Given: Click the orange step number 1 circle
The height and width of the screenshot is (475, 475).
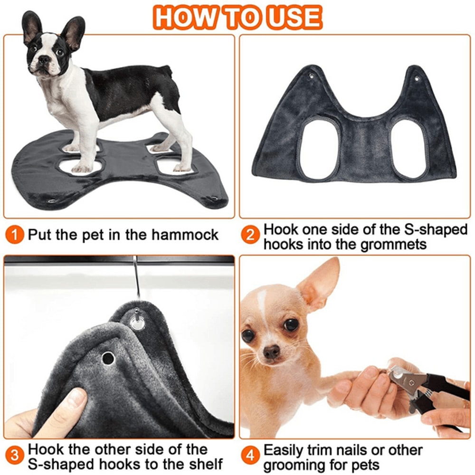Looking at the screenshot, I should [x=16, y=235].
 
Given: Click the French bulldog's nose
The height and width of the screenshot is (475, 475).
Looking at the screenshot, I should [x=44, y=60].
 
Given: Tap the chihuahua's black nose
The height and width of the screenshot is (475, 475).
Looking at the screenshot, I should [x=271, y=352].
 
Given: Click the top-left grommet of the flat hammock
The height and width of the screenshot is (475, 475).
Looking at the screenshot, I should [x=311, y=76].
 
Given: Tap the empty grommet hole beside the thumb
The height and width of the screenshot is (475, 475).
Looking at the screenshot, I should [x=108, y=358].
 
